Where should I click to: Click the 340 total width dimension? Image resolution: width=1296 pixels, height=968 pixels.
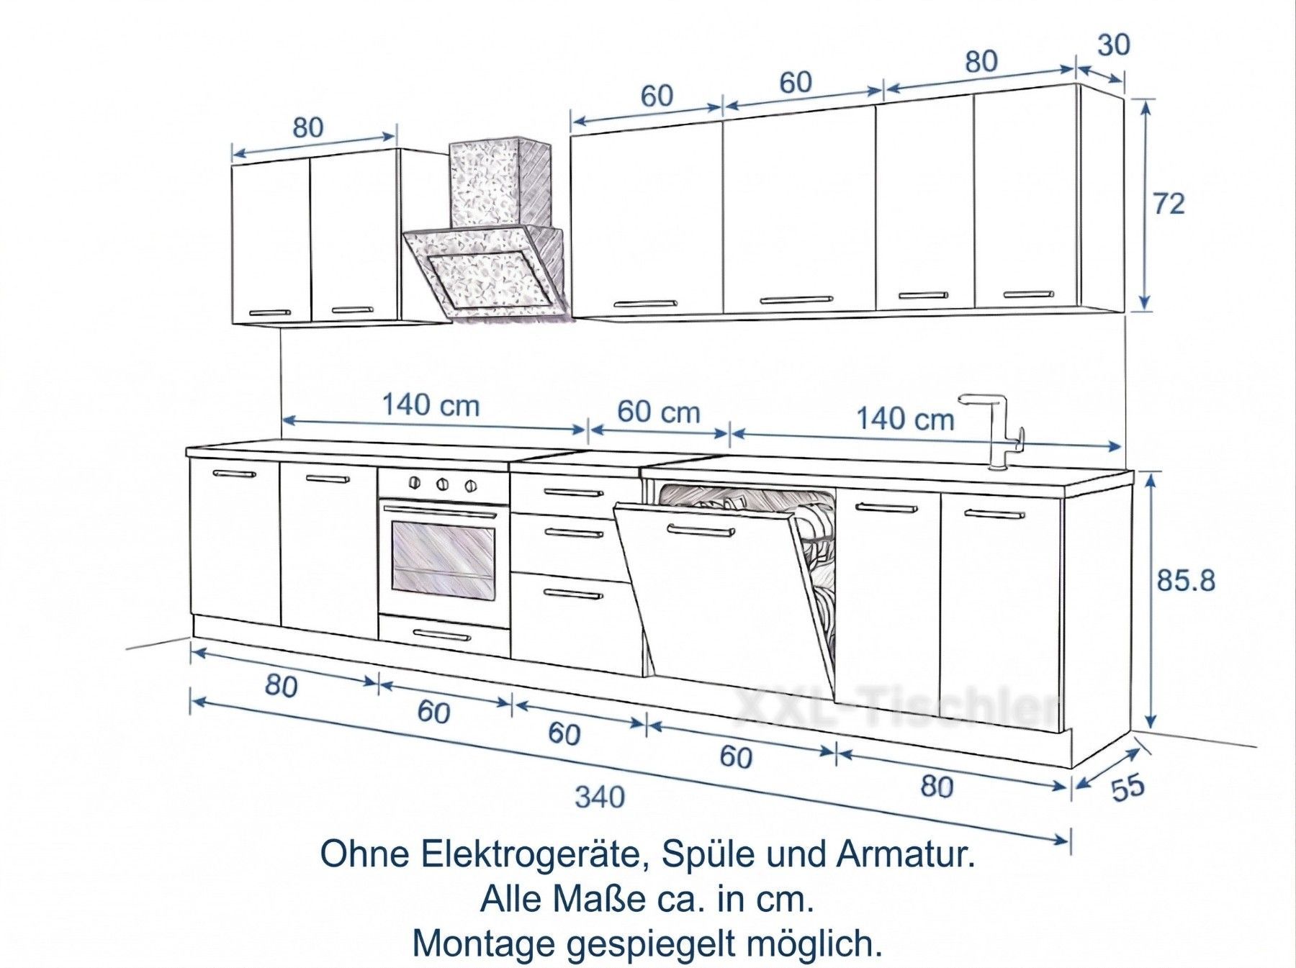pos(600,797)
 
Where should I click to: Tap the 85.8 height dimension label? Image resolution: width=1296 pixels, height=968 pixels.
pos(1186,580)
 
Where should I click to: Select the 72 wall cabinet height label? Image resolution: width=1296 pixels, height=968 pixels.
pos(1169,204)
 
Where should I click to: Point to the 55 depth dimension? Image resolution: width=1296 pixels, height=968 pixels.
pos(1128,787)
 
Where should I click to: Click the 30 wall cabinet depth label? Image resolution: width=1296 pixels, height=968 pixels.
pos(1114,45)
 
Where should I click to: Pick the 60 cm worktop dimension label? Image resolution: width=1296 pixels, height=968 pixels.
pos(659,412)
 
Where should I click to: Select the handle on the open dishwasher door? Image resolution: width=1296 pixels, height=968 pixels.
pos(700,530)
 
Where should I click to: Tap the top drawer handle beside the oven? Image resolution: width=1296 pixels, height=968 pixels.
pos(574,492)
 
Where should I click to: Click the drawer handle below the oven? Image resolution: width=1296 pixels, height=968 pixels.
pos(443,635)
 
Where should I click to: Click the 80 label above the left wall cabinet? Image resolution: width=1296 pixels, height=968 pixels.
pos(308,127)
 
